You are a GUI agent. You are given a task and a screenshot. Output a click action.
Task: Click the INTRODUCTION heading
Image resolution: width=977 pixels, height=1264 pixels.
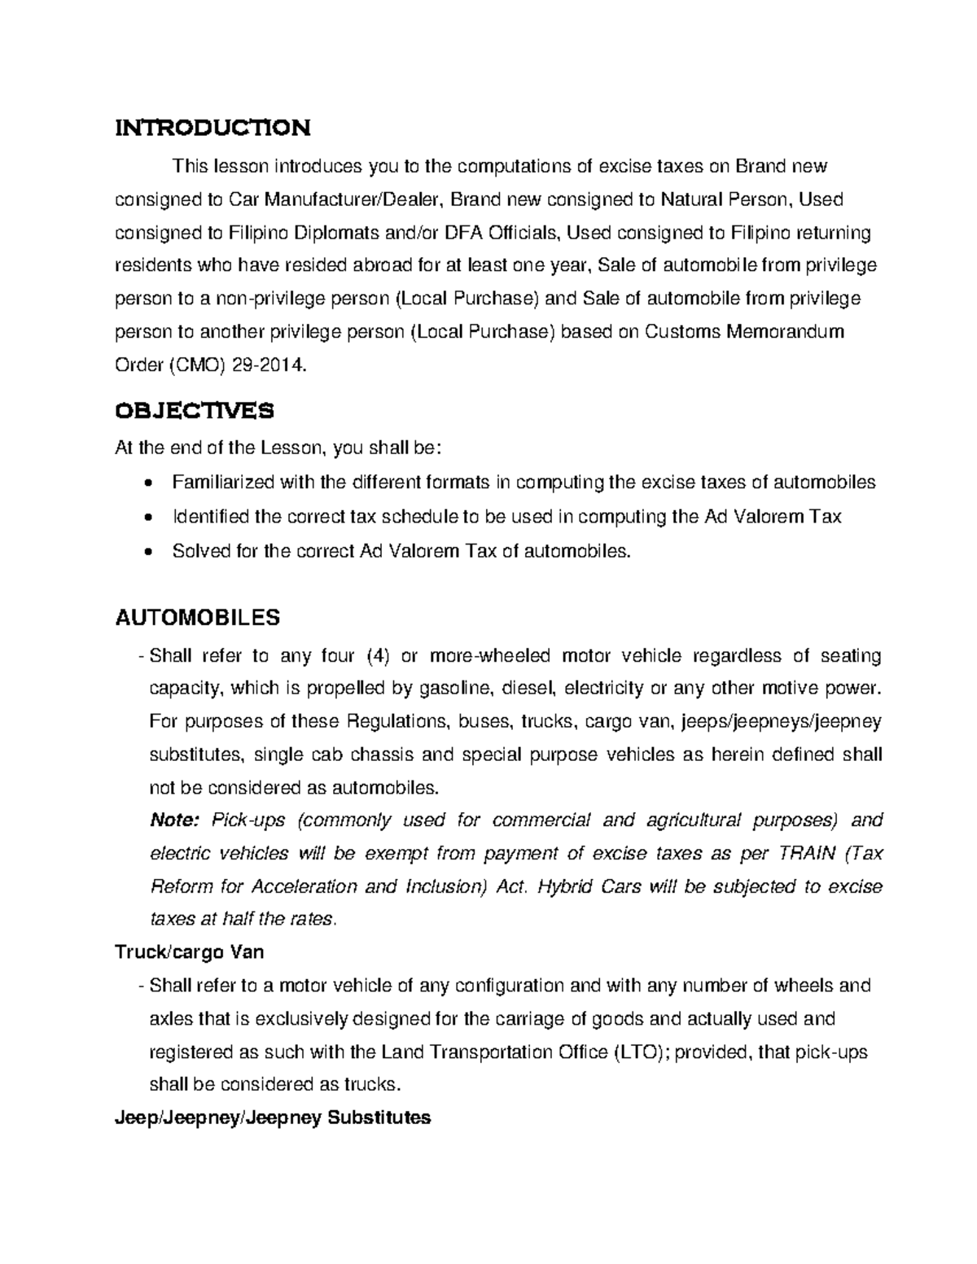tap(212, 128)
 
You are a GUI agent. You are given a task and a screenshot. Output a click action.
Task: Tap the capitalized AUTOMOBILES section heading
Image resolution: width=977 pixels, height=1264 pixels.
tap(198, 618)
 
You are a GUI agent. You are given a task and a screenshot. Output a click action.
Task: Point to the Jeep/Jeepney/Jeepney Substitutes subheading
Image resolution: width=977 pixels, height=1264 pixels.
tap(273, 1117)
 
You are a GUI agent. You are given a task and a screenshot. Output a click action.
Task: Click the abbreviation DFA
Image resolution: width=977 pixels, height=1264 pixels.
tap(465, 234)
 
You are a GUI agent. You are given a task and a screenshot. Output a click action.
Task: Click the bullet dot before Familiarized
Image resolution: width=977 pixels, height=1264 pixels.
tap(147, 483)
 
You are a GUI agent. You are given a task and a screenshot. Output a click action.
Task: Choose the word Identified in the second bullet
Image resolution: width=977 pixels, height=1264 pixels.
tap(211, 517)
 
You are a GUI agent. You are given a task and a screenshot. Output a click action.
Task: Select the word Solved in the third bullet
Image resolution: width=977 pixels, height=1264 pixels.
tap(200, 551)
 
